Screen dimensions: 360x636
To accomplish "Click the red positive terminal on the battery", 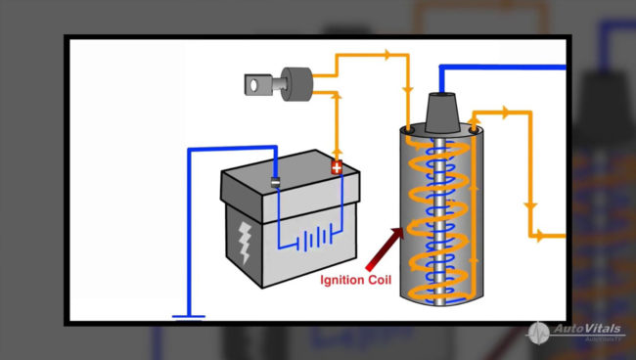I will [x=337, y=167].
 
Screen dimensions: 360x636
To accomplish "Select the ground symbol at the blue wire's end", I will [x=188, y=316].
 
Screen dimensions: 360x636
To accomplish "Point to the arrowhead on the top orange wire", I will [x=392, y=55].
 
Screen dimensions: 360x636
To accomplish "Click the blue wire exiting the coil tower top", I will [x=489, y=67].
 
